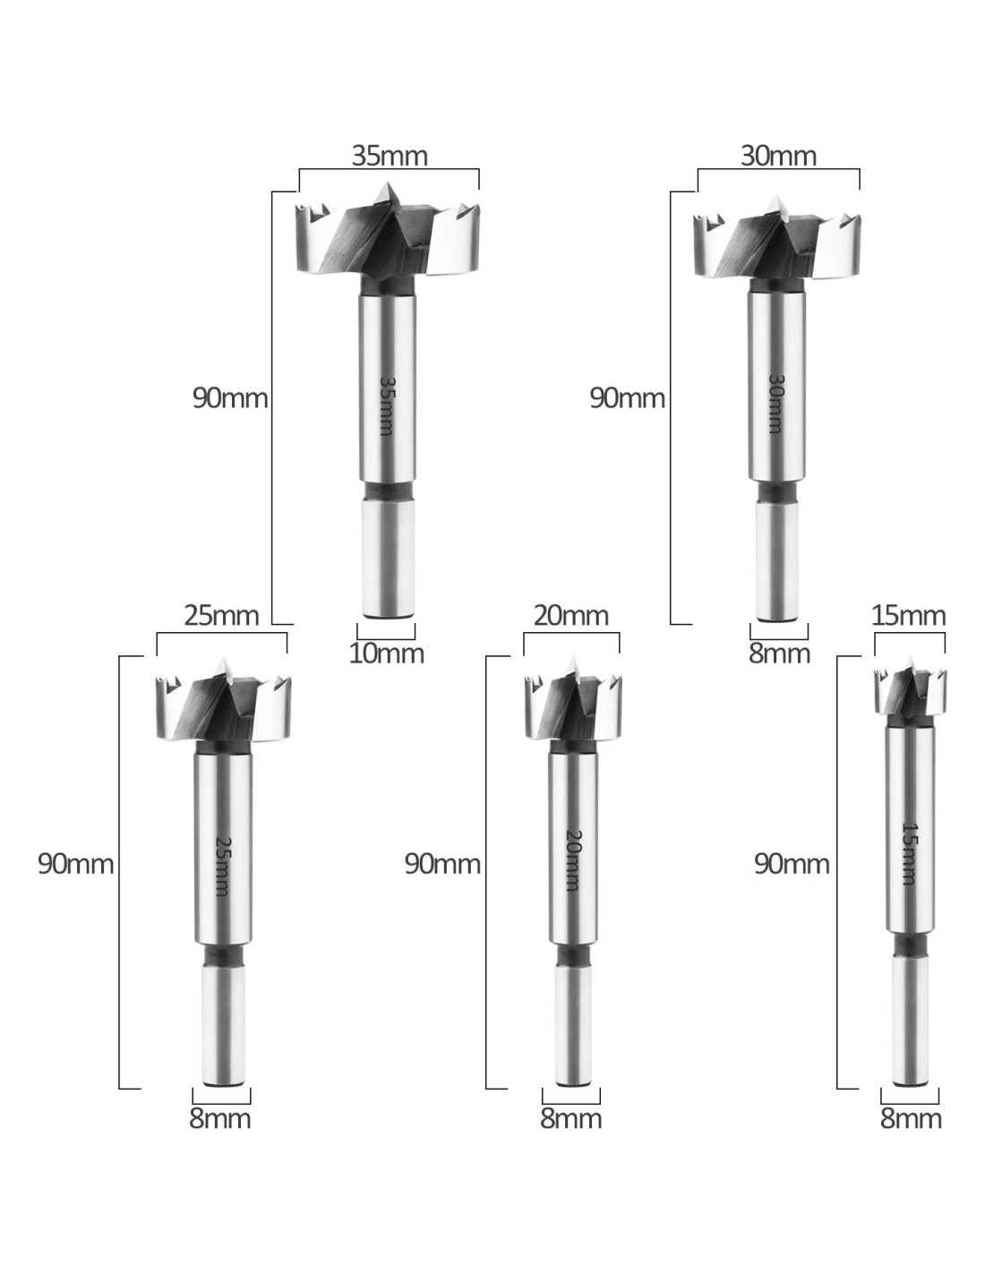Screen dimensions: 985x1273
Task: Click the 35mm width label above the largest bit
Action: click(390, 156)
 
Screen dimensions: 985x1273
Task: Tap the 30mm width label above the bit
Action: click(778, 156)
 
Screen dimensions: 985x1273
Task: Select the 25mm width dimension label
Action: click(221, 616)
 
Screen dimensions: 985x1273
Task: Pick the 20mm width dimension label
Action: click(571, 616)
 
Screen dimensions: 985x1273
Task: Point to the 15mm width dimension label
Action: click(909, 616)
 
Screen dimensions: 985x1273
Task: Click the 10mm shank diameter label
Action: click(387, 654)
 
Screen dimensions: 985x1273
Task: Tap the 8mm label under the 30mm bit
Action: click(779, 654)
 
